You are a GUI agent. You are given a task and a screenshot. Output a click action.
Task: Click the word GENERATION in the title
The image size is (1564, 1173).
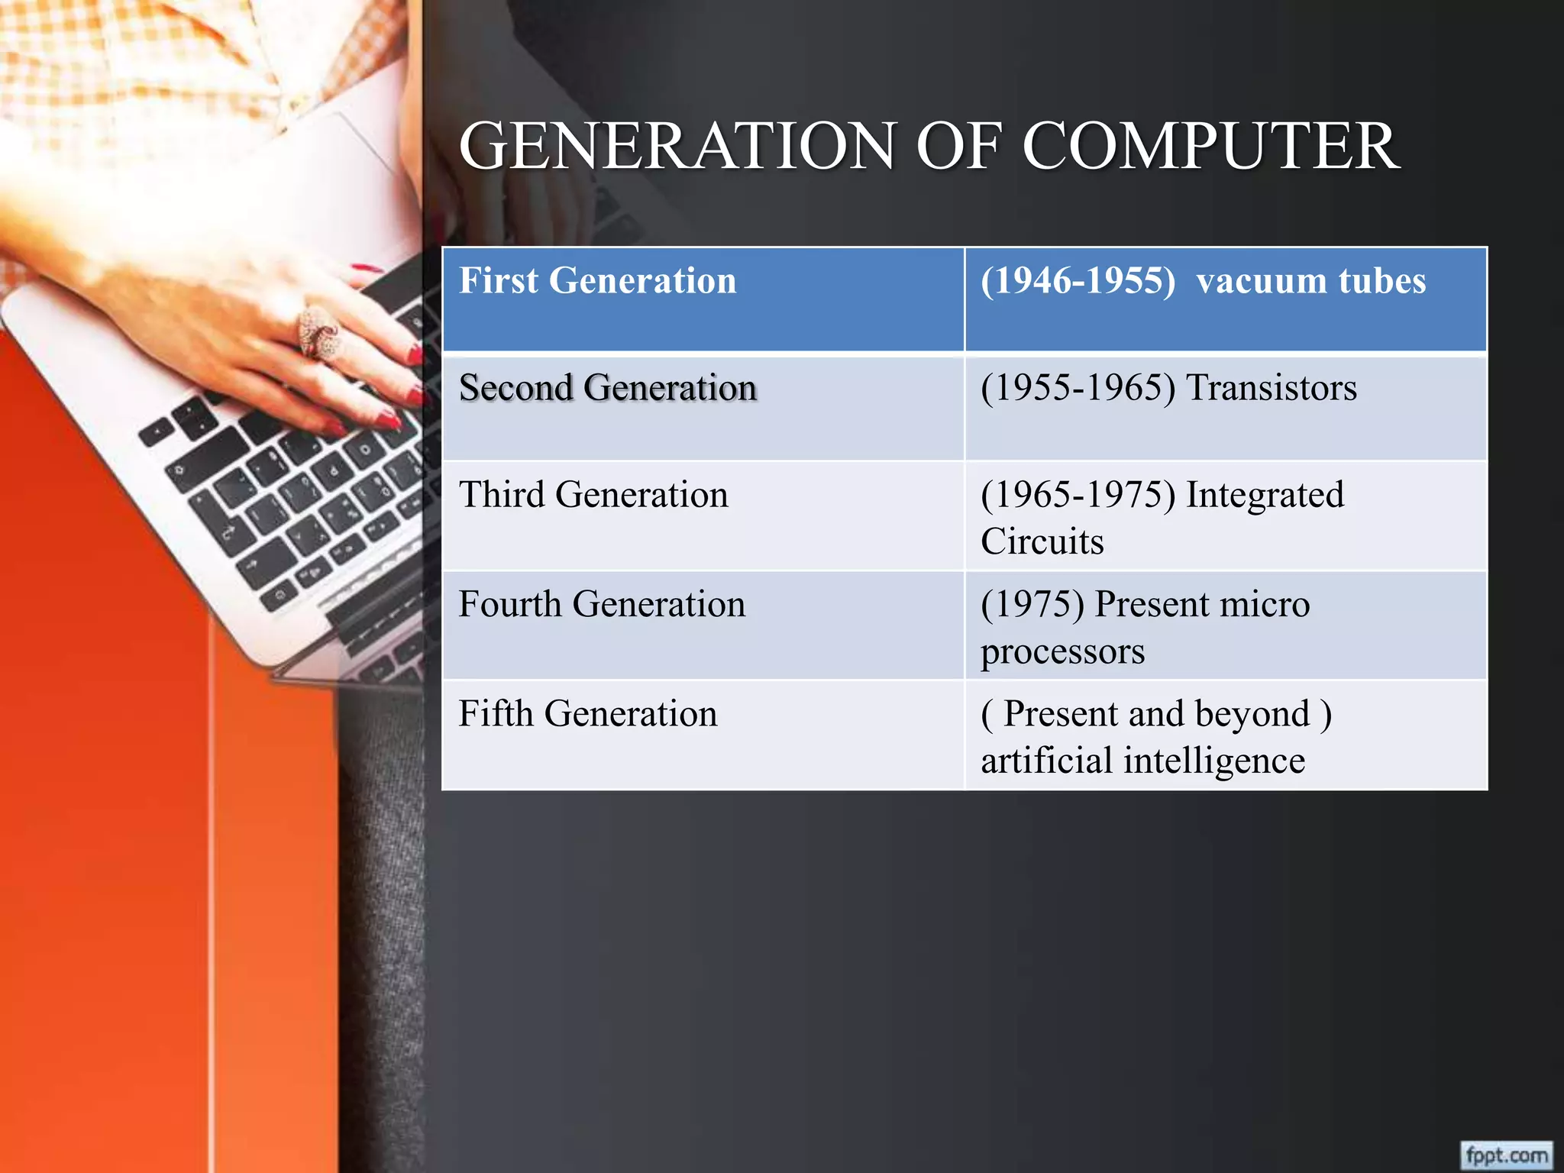coord(677,147)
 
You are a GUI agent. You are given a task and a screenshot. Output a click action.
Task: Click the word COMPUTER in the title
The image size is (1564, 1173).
coord(1210,147)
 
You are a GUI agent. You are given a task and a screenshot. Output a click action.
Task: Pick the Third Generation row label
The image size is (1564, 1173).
coord(593,495)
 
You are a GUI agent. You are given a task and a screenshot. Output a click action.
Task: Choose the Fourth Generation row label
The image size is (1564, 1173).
coord(601,604)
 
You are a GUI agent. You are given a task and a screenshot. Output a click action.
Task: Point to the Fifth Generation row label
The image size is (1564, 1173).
coord(587,714)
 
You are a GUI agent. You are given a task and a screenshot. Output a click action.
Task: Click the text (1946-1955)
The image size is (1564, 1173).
coord(1078,281)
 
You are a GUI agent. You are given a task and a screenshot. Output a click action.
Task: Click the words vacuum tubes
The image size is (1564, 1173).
coord(1310,281)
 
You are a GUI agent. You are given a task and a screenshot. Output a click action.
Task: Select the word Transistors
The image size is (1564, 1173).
coord(1271,388)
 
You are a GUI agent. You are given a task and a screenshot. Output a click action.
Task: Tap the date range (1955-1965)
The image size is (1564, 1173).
coord(1078,388)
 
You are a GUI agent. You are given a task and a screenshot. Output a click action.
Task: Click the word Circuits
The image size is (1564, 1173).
coord(1042,542)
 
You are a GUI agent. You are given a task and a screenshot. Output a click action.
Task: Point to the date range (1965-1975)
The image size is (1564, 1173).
coord(1078,495)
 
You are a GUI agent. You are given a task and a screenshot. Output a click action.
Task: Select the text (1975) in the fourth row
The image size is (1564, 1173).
coord(1032,604)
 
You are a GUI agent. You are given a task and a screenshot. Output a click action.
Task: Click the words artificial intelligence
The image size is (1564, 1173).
coord(1142,761)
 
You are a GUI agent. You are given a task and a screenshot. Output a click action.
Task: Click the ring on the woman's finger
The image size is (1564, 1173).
coord(317,331)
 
